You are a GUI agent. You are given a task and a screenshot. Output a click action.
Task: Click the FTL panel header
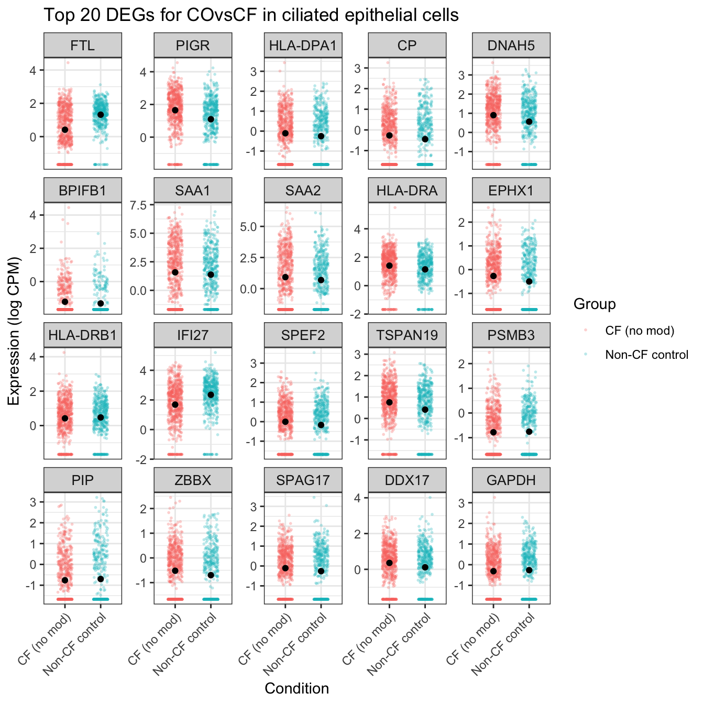(83, 46)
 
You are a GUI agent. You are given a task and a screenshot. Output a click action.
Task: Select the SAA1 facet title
(193, 191)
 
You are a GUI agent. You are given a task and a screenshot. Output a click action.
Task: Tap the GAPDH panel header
(511, 480)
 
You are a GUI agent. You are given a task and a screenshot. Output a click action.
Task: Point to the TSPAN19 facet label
(407, 335)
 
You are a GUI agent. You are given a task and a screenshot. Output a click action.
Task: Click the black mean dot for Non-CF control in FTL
(101, 115)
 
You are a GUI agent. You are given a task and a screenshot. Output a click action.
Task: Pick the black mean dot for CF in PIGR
(175, 110)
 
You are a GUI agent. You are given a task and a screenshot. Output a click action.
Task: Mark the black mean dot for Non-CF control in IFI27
(211, 394)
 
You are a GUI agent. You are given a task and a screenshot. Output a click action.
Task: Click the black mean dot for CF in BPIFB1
(65, 302)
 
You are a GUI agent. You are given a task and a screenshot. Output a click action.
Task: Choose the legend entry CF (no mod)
(640, 331)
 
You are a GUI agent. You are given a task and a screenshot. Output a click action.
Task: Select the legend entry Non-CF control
(646, 355)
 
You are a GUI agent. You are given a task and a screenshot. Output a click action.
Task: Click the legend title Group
(595, 304)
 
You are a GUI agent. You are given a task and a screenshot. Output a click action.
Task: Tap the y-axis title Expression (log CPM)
(14, 331)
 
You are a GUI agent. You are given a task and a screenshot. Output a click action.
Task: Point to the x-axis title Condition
(296, 688)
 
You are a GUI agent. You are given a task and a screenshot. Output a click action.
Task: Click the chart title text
(251, 15)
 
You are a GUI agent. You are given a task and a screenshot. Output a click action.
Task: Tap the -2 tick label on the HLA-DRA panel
(356, 314)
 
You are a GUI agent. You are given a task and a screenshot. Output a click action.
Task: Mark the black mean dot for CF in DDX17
(389, 563)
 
